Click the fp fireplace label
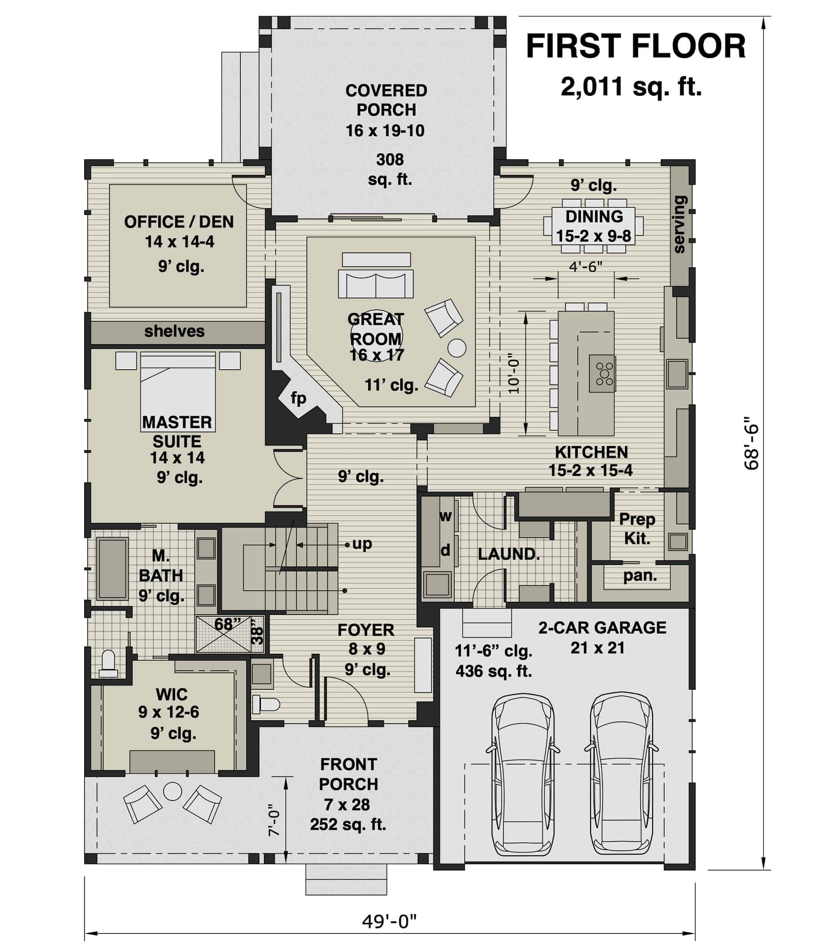pyautogui.click(x=298, y=398)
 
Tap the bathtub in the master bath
pyautogui.click(x=112, y=568)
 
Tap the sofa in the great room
pyautogui.click(x=376, y=283)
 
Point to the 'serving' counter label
pyautogui.click(x=680, y=224)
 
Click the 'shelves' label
pyautogui.click(x=174, y=331)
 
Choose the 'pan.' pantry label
pyautogui.click(x=640, y=575)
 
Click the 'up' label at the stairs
pyautogui.click(x=362, y=544)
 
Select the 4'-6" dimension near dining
pyautogui.click(x=585, y=266)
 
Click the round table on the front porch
pyautogui.click(x=173, y=792)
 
